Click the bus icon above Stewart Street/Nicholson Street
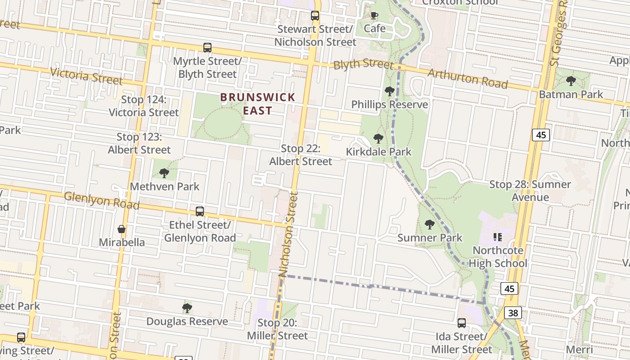[x=315, y=16]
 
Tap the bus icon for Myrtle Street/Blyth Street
[x=207, y=48]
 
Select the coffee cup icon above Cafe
[x=374, y=16]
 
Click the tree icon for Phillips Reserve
[x=390, y=91]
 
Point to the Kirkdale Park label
[x=378, y=152]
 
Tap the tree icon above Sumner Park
[x=430, y=224]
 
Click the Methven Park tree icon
[x=164, y=173]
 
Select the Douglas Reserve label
[x=187, y=321]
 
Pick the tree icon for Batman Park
[x=571, y=81]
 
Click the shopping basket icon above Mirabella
[x=121, y=229]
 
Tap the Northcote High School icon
[x=497, y=237]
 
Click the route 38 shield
[x=513, y=312]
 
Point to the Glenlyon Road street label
[x=101, y=200]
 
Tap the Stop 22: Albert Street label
[x=301, y=155]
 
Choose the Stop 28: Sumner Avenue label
[x=530, y=190]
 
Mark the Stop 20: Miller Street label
[x=277, y=329]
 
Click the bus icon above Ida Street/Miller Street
[x=462, y=323]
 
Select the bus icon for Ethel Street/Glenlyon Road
[x=200, y=211]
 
